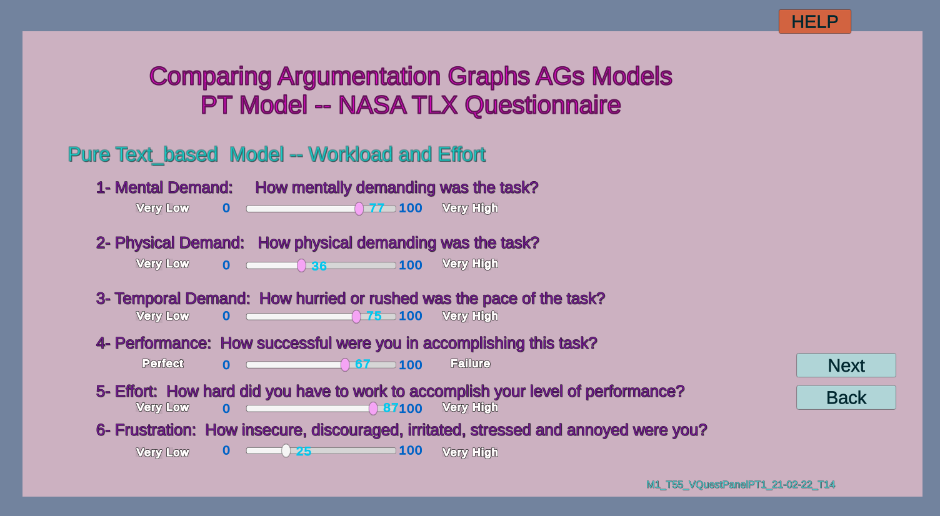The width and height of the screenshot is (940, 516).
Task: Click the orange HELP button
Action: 814,21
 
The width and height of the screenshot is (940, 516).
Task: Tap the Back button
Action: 846,397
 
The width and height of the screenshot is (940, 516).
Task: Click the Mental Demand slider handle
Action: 359,209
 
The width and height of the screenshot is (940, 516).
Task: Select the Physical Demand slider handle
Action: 301,265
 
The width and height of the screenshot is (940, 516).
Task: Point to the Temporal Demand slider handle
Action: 356,316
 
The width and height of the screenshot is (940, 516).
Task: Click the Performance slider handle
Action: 344,365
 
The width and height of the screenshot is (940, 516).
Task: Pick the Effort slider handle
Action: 373,409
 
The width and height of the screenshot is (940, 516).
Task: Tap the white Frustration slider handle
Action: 286,451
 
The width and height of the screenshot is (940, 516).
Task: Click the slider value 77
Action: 376,208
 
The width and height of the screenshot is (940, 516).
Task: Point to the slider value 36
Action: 319,266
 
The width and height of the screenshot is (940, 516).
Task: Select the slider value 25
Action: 303,452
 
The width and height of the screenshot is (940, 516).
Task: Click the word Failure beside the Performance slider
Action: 470,364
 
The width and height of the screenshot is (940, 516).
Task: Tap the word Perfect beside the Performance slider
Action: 162,364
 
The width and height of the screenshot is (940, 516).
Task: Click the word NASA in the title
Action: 372,105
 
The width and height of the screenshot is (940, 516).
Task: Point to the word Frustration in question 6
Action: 155,430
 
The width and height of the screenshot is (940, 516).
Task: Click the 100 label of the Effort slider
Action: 411,409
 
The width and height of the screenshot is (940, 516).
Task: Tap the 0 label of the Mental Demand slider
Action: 226,208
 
